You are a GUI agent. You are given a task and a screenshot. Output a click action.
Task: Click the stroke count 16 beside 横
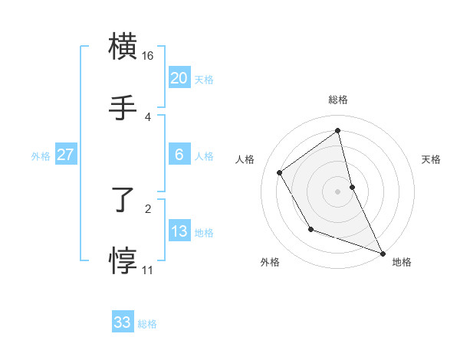pyautogui.click(x=148, y=56)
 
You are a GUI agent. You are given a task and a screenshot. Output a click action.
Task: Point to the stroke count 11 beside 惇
pyautogui.click(x=147, y=270)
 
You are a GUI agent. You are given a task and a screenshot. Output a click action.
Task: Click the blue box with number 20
pyautogui.click(x=179, y=77)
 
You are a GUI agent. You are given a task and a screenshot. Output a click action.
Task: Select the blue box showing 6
pyautogui.click(x=179, y=155)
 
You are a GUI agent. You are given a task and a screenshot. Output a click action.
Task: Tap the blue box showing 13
pyautogui.click(x=179, y=231)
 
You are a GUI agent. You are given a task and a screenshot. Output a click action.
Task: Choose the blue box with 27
pyautogui.click(x=65, y=155)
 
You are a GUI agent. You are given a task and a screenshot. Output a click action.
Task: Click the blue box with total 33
pyautogui.click(x=123, y=322)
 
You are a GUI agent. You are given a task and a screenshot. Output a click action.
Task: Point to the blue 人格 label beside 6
pyautogui.click(x=204, y=156)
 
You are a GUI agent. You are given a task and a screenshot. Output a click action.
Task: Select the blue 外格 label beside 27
pyautogui.click(x=41, y=156)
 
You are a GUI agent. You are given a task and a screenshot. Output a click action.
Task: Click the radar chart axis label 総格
pyautogui.click(x=338, y=100)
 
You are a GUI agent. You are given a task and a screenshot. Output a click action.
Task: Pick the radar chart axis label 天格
pyautogui.click(x=432, y=159)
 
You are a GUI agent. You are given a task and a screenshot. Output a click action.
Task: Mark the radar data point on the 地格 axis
pyautogui.click(x=383, y=253)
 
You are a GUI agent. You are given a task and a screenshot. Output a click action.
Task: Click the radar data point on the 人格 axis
pyautogui.click(x=280, y=172)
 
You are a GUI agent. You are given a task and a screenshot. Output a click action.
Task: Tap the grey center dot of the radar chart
pyautogui.click(x=338, y=191)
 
